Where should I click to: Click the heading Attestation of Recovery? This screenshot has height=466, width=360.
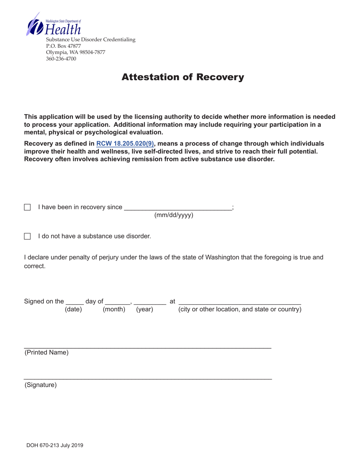pyautogui.click(x=183, y=77)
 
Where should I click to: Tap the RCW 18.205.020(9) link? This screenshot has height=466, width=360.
pyautogui.click(x=125, y=144)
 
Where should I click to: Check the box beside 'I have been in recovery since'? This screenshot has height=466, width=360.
pyautogui.click(x=27, y=207)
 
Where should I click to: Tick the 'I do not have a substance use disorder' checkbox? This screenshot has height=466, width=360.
pyautogui.click(x=27, y=236)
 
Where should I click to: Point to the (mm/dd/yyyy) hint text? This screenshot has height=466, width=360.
pyautogui.click(x=174, y=215)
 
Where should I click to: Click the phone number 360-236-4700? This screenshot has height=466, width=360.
pyautogui.click(x=61, y=59)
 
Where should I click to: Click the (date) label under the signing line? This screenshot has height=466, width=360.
pyautogui.click(x=74, y=309)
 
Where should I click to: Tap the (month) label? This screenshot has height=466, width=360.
pyautogui.click(x=114, y=309)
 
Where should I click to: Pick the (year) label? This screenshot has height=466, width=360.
pyautogui.click(x=144, y=309)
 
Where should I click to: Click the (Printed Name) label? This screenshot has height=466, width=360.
pyautogui.click(x=47, y=352)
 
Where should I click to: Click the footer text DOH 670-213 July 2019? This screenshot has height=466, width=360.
pyautogui.click(x=55, y=446)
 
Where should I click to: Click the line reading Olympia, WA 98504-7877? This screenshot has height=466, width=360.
pyautogui.click(x=75, y=52)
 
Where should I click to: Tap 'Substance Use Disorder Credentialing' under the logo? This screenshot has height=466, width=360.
pyautogui.click(x=91, y=39)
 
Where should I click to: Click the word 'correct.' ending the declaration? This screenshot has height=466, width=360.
pyautogui.click(x=35, y=266)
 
